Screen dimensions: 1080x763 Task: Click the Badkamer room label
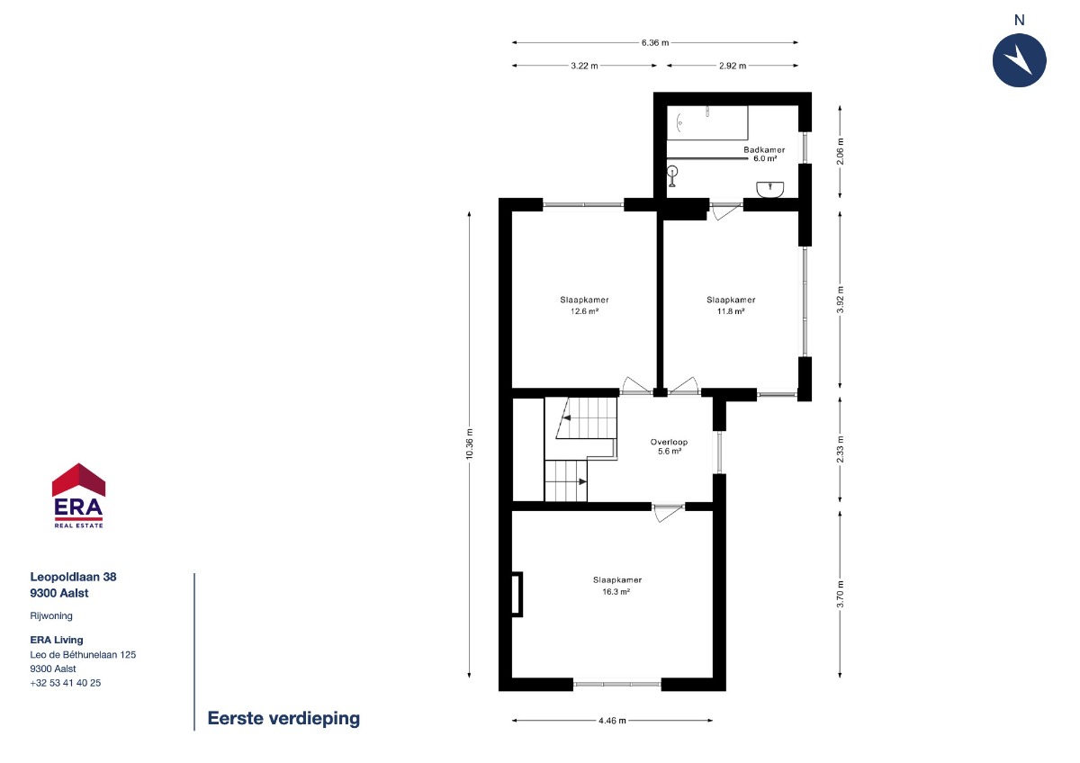coord(764,150)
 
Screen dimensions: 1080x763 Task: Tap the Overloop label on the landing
coord(669,442)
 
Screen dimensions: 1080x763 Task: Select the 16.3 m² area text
coord(616,592)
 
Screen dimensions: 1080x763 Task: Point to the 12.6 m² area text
coord(584,311)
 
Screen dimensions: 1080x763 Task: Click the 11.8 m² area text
coord(731,311)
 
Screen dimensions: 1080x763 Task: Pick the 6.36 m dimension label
coord(655,43)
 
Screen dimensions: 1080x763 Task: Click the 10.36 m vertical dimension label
coord(470,444)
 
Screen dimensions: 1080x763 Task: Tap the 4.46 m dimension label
coord(612,721)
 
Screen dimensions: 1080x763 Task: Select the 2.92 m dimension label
coord(733,66)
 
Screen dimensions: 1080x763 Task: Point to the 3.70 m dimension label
coord(841,595)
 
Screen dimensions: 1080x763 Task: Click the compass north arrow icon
coord(1019,60)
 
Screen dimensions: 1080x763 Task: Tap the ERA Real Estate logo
coord(78,496)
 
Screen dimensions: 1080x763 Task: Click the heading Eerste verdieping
coord(283,718)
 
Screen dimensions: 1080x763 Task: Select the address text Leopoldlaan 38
coord(73,577)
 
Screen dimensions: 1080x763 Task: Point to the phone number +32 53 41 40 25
coord(66,683)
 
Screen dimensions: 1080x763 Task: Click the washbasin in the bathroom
coord(770,190)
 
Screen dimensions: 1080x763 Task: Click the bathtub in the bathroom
coord(707,123)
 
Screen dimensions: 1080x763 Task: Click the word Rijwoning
coord(51,616)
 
